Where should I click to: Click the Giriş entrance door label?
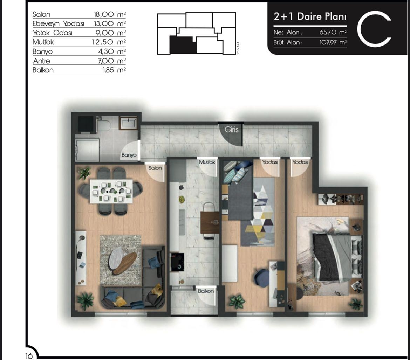click(x=231, y=130)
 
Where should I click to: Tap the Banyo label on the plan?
click(x=129, y=155)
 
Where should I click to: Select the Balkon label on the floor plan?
click(x=206, y=291)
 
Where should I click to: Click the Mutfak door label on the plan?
click(x=207, y=162)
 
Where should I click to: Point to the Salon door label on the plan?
click(x=155, y=168)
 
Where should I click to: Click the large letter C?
click(x=374, y=29)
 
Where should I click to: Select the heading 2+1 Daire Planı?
click(x=310, y=16)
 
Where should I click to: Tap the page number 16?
click(x=29, y=356)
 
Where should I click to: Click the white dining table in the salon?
click(x=111, y=191)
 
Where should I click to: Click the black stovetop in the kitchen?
click(x=177, y=262)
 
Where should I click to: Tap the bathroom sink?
click(x=128, y=123)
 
